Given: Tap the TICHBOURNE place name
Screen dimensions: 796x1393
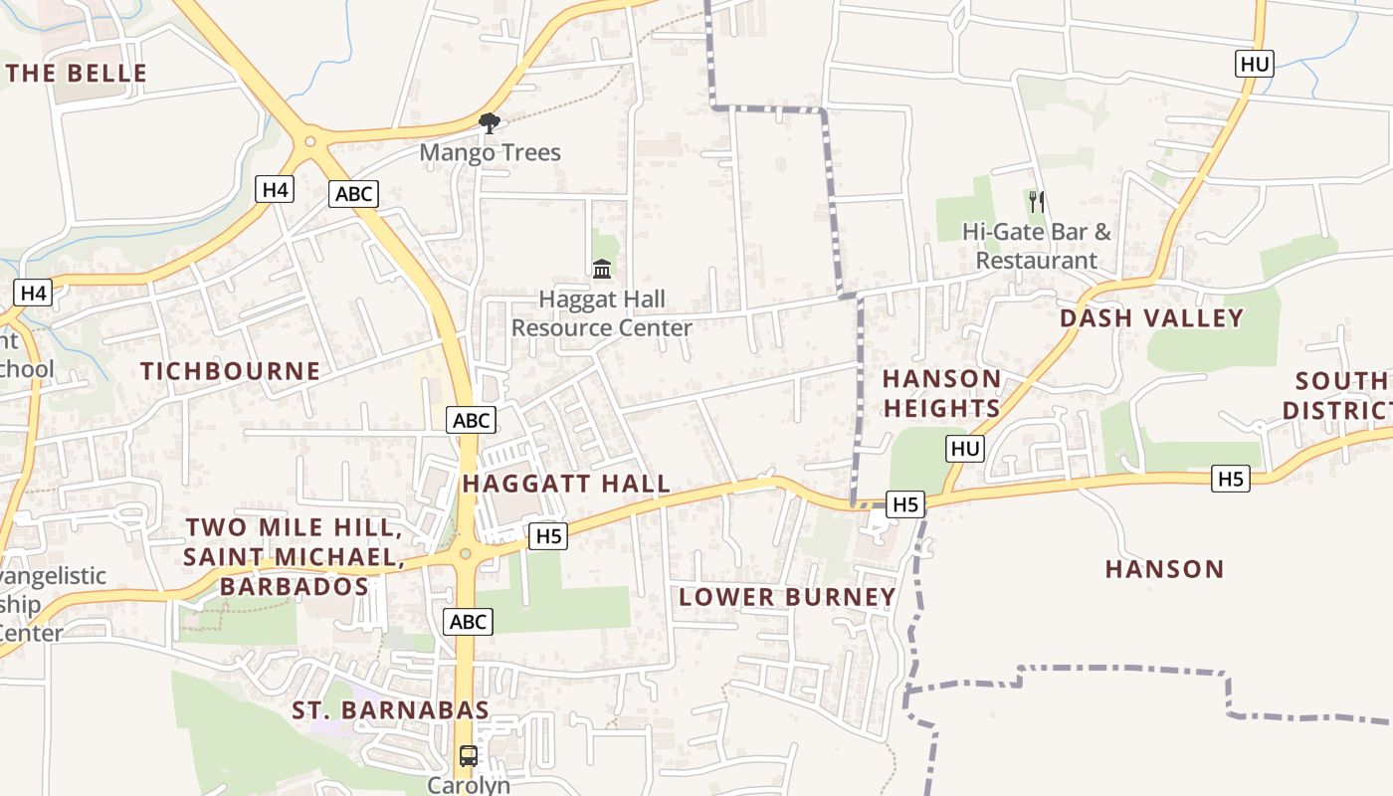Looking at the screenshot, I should pyautogui.click(x=230, y=371).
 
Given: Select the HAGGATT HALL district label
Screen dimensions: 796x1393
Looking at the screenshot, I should pyautogui.click(x=566, y=485).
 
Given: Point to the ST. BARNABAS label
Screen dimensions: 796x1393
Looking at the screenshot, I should pyautogui.click(x=390, y=710).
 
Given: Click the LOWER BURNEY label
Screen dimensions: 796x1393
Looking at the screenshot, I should pyautogui.click(x=787, y=597).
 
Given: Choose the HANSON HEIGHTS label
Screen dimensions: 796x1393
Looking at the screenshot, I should pyautogui.click(x=941, y=394).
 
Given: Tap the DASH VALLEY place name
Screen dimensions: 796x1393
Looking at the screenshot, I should pyautogui.click(x=1151, y=318).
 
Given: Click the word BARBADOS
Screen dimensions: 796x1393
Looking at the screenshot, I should pyautogui.click(x=295, y=587).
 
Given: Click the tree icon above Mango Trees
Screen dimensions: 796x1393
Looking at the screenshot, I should pyautogui.click(x=489, y=123).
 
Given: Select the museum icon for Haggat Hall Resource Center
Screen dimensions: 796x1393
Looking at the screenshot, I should pyautogui.click(x=602, y=269).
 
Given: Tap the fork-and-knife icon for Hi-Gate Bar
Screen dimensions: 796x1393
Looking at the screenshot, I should pyautogui.click(x=1037, y=202).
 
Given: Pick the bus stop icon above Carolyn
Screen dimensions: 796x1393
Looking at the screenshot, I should pyautogui.click(x=468, y=756).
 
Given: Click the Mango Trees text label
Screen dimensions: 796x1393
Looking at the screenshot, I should pyautogui.click(x=490, y=153).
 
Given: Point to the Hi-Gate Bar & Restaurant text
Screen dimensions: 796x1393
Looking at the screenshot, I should pyautogui.click(x=1036, y=246).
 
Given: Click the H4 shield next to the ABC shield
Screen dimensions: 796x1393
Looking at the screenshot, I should pyautogui.click(x=275, y=189).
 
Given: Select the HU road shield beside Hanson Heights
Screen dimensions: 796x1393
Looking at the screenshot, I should pyautogui.click(x=964, y=449).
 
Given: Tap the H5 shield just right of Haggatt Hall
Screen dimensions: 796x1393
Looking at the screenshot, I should pyautogui.click(x=549, y=536).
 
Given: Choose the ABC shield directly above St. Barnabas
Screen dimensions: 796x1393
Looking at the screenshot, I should pyautogui.click(x=468, y=622).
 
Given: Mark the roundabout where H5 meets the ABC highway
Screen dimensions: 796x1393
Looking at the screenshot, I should pyautogui.click(x=465, y=553).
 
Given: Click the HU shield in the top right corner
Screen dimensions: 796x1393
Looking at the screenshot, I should pyautogui.click(x=1255, y=65).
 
